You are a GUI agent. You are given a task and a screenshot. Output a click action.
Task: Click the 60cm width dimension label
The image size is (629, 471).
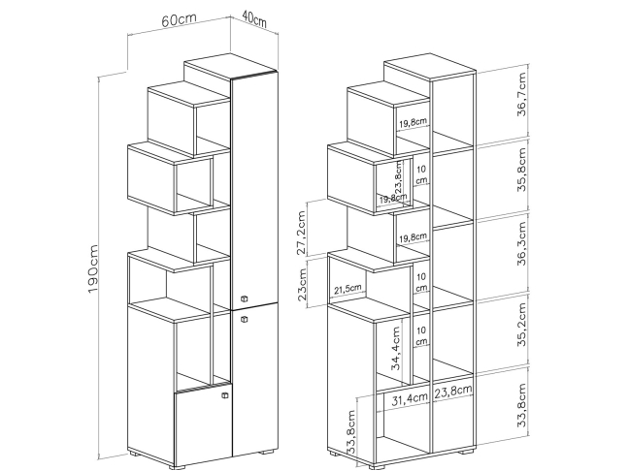[180, 19]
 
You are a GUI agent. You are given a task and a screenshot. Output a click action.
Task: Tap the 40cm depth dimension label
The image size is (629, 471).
[254, 18]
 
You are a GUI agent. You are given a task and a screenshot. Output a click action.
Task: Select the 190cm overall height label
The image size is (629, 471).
[92, 268]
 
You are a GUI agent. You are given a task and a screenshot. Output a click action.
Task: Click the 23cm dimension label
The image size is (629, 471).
[302, 285]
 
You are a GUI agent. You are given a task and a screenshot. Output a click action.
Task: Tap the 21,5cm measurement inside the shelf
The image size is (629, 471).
[348, 288]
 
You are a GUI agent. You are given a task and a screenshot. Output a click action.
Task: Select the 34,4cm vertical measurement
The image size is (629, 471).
[395, 349]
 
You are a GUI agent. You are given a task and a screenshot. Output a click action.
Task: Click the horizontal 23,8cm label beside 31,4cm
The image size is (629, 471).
[453, 391]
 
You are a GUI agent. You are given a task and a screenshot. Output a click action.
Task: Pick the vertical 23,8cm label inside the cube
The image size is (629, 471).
[398, 177]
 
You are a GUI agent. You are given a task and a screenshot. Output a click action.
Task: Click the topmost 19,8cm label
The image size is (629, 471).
[413, 122]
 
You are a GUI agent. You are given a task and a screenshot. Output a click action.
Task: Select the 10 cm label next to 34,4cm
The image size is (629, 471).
[421, 336]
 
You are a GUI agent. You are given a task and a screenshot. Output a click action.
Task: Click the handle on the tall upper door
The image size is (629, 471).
[244, 298]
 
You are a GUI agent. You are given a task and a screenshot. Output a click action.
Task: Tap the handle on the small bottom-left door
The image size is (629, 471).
[225, 395]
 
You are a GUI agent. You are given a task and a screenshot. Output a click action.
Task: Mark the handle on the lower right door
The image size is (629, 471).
[244, 319]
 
